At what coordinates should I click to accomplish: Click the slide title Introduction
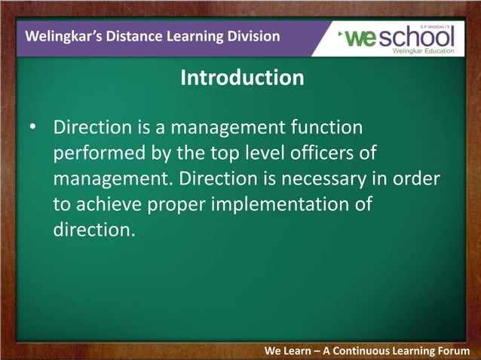(x=242, y=78)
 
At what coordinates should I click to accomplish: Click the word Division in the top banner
(x=250, y=36)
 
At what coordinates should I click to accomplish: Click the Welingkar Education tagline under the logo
(x=423, y=51)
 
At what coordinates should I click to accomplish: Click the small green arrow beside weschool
(x=342, y=34)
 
